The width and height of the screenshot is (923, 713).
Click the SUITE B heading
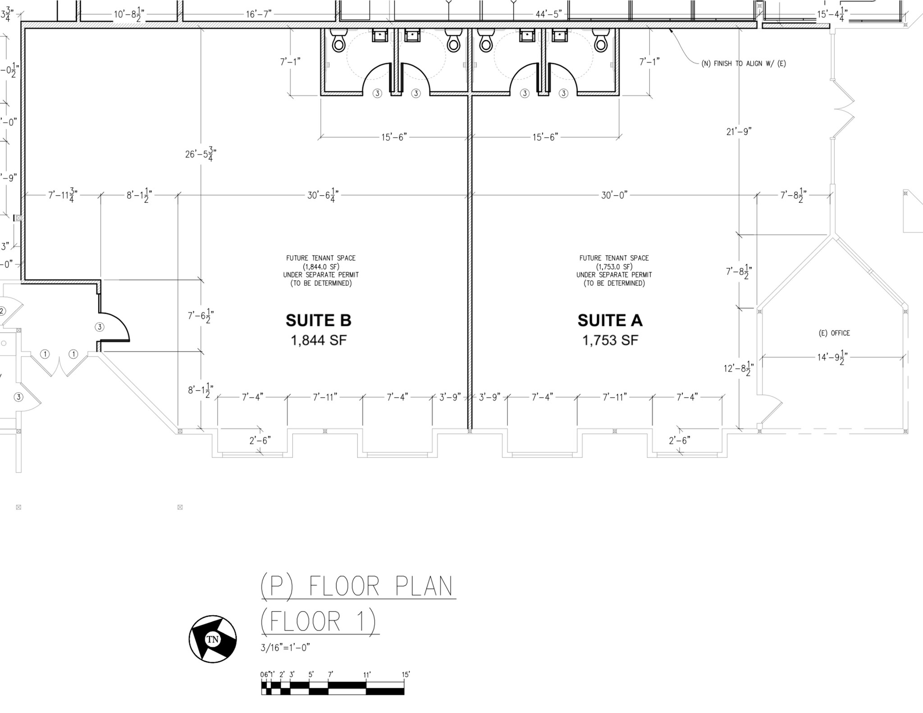pyautogui.click(x=318, y=320)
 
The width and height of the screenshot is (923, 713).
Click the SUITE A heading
pyautogui.click(x=610, y=320)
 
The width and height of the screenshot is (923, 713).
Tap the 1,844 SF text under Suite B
pyautogui.click(x=319, y=340)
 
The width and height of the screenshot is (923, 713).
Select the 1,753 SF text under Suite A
pyautogui.click(x=610, y=340)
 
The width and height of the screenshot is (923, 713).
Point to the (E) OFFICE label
pyautogui.click(x=834, y=333)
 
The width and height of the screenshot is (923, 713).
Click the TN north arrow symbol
pyautogui.click(x=213, y=639)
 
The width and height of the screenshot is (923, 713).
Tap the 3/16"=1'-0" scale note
pyautogui.click(x=285, y=648)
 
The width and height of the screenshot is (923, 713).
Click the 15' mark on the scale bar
pyautogui.click(x=406, y=675)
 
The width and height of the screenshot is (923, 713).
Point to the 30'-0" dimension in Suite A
pyautogui.click(x=614, y=195)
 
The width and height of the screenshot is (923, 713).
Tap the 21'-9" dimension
pyautogui.click(x=739, y=132)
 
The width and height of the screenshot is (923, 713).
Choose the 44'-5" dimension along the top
pyautogui.click(x=548, y=14)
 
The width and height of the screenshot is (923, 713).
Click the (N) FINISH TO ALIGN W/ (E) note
pyautogui.click(x=743, y=64)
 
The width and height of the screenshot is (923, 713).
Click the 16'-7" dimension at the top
pyautogui.click(x=259, y=14)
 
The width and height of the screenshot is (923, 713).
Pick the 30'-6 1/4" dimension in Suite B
pyautogui.click(x=323, y=195)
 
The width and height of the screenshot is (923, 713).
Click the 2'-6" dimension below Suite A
pyautogui.click(x=679, y=440)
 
